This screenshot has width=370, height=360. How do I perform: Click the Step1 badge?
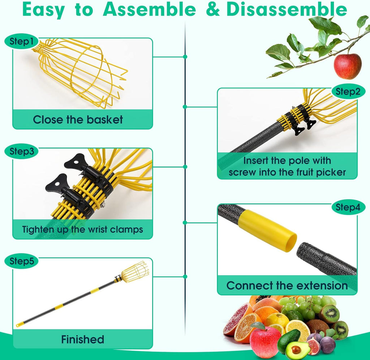(x=21, y=42)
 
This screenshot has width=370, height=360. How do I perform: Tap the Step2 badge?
(x=348, y=92)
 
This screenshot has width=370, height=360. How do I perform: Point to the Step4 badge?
(x=348, y=207)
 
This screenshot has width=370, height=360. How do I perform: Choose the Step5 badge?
(x=21, y=261)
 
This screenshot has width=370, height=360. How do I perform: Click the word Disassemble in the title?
(x=287, y=10)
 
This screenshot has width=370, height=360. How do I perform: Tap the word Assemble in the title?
(x=149, y=10)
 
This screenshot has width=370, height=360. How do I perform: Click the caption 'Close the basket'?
(x=78, y=119)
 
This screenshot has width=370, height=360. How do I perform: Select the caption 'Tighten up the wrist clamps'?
(x=82, y=229)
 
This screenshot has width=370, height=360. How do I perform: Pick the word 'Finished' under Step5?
(x=82, y=339)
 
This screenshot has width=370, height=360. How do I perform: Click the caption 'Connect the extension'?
(x=287, y=285)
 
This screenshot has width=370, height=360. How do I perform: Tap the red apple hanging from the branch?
(x=347, y=66)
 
